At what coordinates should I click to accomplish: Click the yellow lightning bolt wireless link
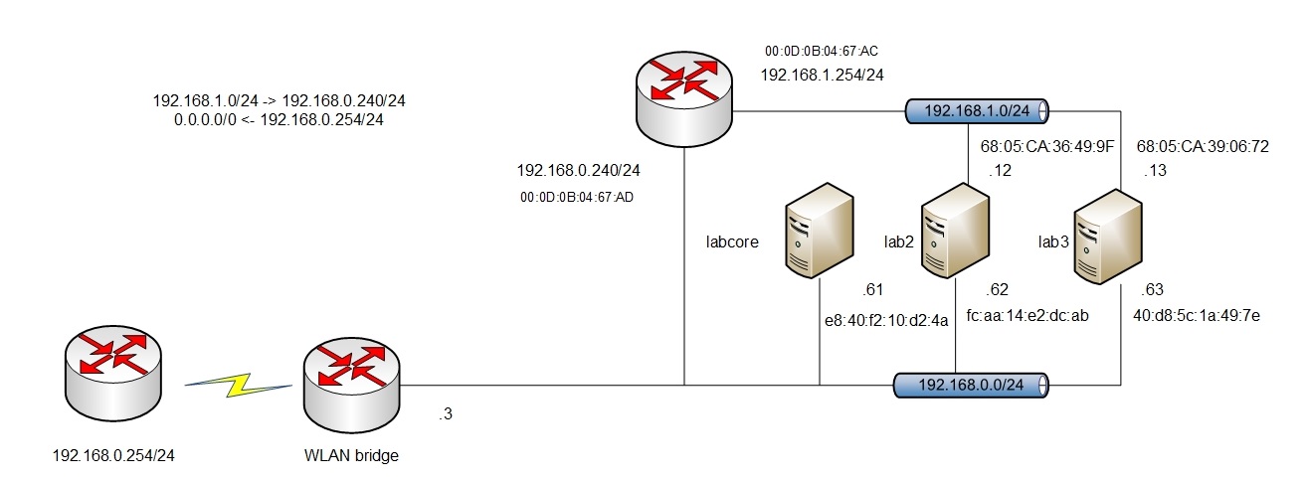pyautogui.click(x=240, y=386)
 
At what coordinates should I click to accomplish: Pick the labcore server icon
pyautogui.click(x=819, y=233)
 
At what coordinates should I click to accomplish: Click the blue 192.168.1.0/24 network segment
pyautogui.click(x=979, y=110)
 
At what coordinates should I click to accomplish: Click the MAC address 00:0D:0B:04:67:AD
pyautogui.click(x=577, y=197)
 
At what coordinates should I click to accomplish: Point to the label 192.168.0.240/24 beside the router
pyautogui.click(x=578, y=170)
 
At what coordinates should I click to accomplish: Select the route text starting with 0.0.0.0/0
pyautogui.click(x=279, y=119)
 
